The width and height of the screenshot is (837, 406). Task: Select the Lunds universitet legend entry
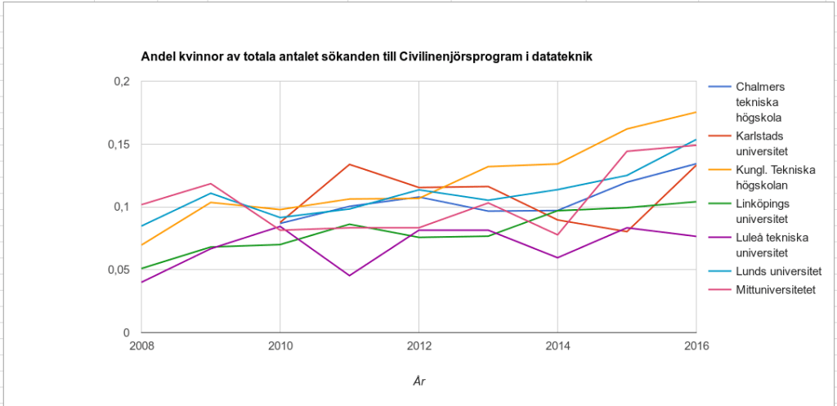[777, 271]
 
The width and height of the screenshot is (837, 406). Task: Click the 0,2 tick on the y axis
[122, 82]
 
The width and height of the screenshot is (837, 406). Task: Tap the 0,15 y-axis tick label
[119, 145]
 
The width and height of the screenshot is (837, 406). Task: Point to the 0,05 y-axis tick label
[119, 270]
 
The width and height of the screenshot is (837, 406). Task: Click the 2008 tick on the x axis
[141, 346]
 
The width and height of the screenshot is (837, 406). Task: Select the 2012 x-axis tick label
[418, 346]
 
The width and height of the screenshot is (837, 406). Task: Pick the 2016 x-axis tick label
[696, 346]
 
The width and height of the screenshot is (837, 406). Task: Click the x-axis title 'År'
[418, 381]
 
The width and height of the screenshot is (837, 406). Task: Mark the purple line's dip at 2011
[349, 275]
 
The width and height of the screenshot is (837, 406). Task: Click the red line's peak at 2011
[349, 164]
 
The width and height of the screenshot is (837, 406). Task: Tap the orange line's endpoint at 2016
[696, 112]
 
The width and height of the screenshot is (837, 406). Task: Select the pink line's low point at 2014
[557, 234]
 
